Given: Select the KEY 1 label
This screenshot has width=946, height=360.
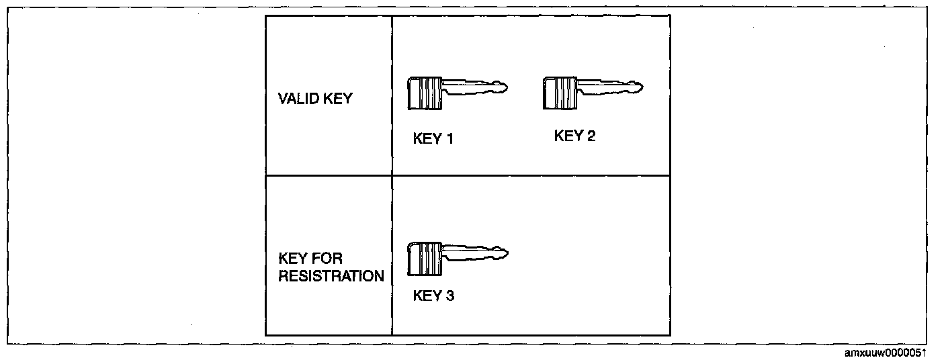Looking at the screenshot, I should click(433, 139).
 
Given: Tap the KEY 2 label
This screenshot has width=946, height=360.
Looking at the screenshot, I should click(574, 136).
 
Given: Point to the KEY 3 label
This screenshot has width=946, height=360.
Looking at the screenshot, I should click(433, 296).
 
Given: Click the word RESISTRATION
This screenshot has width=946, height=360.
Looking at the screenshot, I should click(331, 276).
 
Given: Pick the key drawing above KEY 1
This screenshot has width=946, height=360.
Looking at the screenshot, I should click(458, 93).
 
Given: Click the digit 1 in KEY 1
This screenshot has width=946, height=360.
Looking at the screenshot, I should click(450, 139).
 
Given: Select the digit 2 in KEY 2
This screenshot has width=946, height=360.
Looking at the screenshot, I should click(591, 136).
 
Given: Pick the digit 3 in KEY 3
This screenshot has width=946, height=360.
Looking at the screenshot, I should click(450, 296).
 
